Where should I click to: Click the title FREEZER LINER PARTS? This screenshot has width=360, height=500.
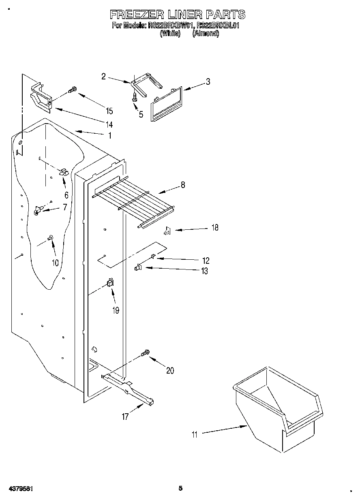[178, 15]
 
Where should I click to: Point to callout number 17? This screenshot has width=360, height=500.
[126, 416]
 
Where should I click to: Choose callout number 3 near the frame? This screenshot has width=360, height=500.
[208, 81]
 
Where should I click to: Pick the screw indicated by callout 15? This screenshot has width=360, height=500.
[73, 90]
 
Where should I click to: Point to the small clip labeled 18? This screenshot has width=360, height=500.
[167, 231]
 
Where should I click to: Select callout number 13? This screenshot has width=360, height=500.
[204, 271]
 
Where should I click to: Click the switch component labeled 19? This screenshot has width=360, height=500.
[109, 283]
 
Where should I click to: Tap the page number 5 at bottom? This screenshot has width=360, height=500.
[180, 488]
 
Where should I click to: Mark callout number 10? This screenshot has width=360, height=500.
[55, 263]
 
